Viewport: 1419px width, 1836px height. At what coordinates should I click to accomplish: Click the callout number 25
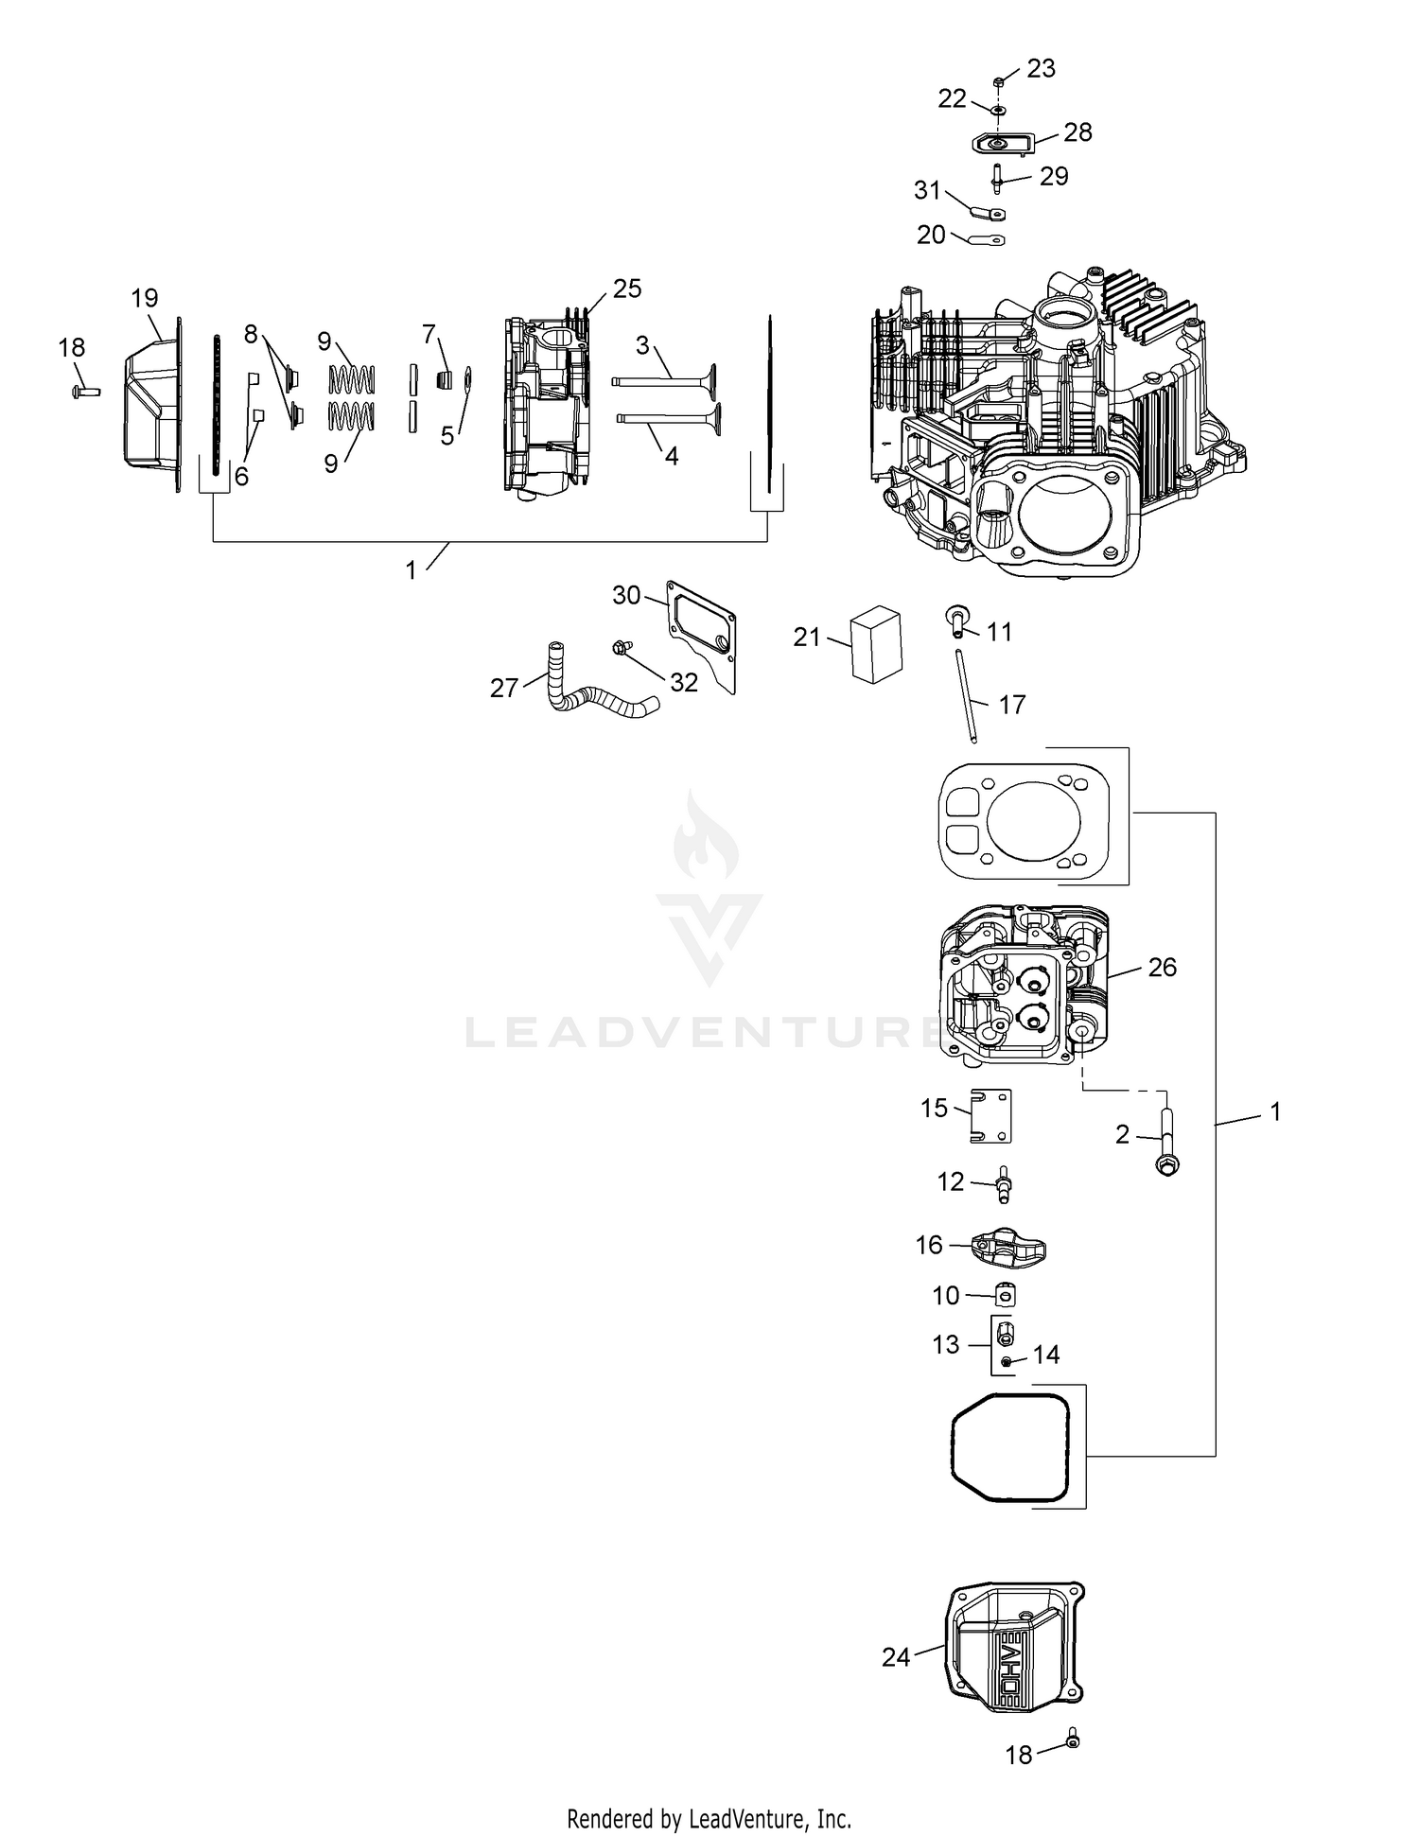627,289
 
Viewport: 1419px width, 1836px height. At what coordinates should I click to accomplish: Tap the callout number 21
807,638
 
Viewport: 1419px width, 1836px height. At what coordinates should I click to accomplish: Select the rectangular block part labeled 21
876,645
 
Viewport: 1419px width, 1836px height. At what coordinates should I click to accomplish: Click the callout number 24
896,1656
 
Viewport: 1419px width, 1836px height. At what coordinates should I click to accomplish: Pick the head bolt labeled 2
1166,1142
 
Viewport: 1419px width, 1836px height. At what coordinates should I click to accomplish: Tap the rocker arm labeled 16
1004,1250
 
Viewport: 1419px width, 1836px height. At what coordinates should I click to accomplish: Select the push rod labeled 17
966,695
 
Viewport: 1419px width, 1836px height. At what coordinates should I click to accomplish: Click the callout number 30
626,595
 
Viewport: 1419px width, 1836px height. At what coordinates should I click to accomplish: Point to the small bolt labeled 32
621,648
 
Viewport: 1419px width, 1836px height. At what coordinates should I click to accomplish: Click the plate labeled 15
990,1116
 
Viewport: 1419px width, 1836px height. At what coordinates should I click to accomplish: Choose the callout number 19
145,299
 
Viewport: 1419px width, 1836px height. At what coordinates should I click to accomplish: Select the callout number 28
1077,132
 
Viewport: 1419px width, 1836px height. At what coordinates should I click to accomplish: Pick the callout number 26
1162,967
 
